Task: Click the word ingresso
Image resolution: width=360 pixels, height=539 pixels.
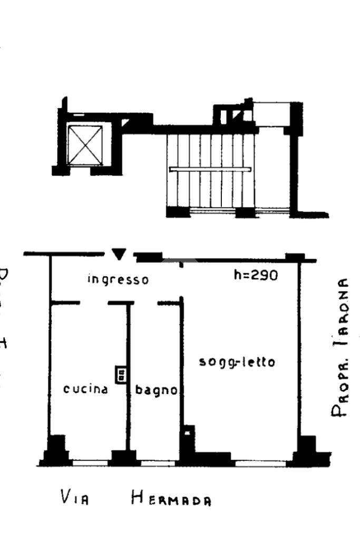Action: (118, 279)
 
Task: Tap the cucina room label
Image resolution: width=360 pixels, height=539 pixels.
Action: (85, 389)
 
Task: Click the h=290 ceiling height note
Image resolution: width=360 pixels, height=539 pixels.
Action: (256, 275)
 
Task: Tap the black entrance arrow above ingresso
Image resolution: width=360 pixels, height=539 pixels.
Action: (120, 254)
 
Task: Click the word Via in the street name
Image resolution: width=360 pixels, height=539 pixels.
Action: (73, 497)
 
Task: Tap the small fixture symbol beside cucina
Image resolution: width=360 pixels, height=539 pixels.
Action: (121, 375)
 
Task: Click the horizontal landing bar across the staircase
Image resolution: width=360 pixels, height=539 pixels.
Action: (210, 169)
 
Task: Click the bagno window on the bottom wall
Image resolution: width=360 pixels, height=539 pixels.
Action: (159, 463)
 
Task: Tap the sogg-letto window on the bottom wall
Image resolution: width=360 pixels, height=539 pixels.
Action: (260, 463)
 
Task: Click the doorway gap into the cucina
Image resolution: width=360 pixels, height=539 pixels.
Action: (94, 303)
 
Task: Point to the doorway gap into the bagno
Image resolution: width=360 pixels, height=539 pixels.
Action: (145, 303)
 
